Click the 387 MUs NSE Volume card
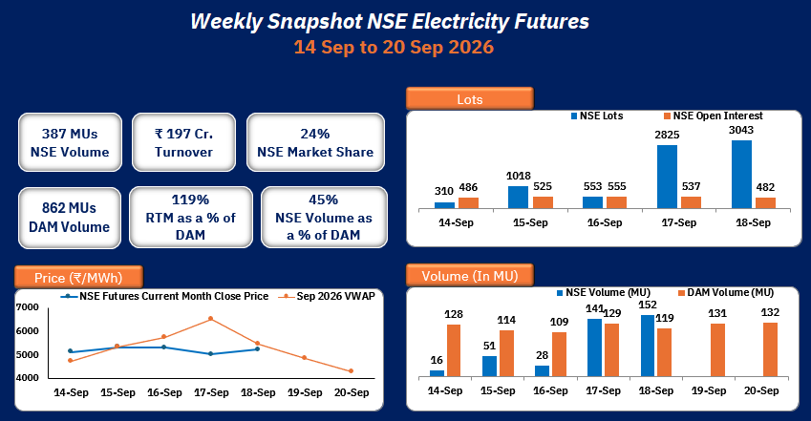70,142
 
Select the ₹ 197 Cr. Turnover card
183,142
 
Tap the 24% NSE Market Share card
315,142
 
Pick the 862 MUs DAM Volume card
70,218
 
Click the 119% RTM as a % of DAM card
190,218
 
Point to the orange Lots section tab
470,98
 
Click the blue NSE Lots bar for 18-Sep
741,175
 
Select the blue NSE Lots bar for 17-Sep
667,177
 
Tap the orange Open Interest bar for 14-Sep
469,203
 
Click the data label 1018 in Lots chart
519,176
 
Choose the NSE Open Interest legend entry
714,116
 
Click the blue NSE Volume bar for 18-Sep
648,346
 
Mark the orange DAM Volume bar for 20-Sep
770,349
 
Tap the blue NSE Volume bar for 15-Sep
489,367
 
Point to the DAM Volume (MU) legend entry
726,293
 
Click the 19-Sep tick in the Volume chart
709,390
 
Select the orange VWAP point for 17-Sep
210,319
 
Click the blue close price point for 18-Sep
258,349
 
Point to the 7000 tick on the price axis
28,307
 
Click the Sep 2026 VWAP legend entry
327,296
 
